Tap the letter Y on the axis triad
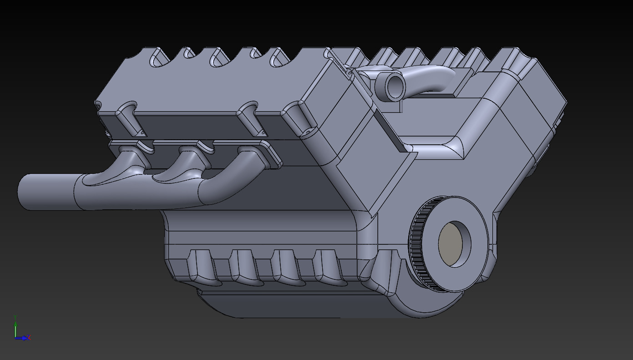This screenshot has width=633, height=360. point(15,316)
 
